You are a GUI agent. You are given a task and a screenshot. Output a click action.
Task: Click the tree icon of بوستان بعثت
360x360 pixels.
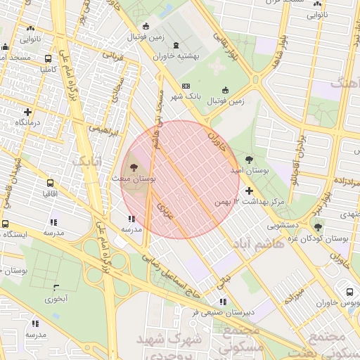coord(133,167)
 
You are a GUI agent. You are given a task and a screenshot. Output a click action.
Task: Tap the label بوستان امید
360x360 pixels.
coord(250,171)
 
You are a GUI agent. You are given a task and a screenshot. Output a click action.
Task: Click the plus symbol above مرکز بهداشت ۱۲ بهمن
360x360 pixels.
coord(249,191)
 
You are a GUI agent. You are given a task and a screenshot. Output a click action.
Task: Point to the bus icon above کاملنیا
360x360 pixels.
coord(48,59)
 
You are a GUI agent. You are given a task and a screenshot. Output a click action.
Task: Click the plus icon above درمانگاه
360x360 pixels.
coord(27,112)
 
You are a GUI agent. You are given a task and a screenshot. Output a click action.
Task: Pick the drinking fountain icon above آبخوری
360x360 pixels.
coord(56,287)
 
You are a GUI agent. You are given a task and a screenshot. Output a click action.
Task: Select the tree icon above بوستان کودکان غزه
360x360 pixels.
coord(319,226)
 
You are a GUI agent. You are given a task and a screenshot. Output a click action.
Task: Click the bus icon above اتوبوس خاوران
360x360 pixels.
coord(349,292)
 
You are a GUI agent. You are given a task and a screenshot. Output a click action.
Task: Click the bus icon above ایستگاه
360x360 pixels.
coord(6,224)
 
